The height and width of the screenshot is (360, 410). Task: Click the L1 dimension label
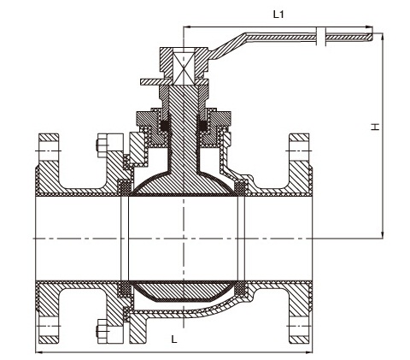(x=278, y=15)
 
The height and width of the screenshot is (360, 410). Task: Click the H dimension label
(x=375, y=127)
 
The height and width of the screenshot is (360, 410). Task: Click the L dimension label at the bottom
(x=174, y=339)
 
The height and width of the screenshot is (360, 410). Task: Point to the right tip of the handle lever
(x=372, y=37)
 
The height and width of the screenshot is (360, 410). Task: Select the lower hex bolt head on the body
(x=102, y=331)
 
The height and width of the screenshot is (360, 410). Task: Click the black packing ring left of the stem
(x=165, y=126)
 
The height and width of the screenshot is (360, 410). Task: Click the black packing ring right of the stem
(x=202, y=126)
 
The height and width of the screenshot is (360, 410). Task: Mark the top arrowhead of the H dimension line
(x=383, y=36)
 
